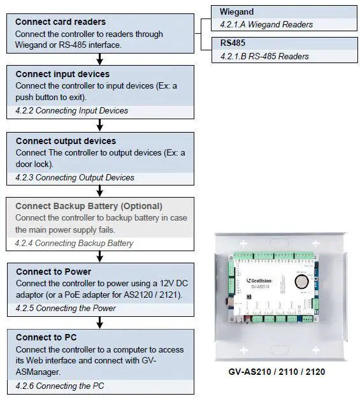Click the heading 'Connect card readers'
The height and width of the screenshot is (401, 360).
(x=61, y=22)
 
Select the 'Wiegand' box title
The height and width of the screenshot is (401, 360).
(x=237, y=12)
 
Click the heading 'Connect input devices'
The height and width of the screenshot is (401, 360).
(x=62, y=74)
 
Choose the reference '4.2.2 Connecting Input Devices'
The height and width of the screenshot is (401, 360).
(x=72, y=110)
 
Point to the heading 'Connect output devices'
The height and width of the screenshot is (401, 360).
(x=66, y=141)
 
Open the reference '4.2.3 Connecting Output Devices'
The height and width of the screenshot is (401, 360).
(x=75, y=177)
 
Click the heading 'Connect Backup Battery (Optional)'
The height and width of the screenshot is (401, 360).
(x=89, y=206)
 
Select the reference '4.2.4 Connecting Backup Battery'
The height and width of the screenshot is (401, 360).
(x=74, y=243)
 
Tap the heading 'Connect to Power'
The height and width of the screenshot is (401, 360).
(x=54, y=272)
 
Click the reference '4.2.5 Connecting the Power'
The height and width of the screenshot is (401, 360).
(x=66, y=308)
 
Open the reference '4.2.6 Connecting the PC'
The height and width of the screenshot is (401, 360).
(x=60, y=386)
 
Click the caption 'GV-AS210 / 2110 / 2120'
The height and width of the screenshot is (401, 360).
(x=277, y=371)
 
